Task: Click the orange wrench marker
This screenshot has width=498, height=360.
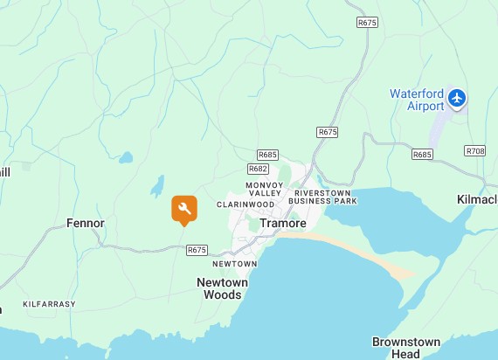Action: (x=183, y=208)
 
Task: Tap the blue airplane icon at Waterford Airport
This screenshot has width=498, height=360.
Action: (x=457, y=99)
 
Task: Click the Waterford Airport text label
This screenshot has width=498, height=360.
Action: (x=417, y=100)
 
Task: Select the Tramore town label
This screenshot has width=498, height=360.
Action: (x=283, y=223)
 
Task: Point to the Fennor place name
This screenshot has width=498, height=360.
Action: (x=86, y=223)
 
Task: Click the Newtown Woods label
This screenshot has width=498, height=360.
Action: (x=222, y=288)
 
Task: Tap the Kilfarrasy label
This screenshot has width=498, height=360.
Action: (x=49, y=304)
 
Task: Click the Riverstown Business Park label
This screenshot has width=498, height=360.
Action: (x=326, y=197)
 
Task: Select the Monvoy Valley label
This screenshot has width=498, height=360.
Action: (x=264, y=190)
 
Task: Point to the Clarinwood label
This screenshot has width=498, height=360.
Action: (x=246, y=204)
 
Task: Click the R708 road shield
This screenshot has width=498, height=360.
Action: (x=475, y=151)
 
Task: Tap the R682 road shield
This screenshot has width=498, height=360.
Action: (x=258, y=169)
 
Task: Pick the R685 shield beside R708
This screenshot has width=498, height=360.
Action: (x=423, y=155)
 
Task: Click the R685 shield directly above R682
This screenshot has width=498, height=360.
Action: (x=267, y=155)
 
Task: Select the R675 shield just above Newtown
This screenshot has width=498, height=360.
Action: (x=197, y=250)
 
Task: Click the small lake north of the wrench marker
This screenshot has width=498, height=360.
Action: (x=157, y=185)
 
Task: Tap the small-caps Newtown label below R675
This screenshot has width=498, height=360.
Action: (x=234, y=264)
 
